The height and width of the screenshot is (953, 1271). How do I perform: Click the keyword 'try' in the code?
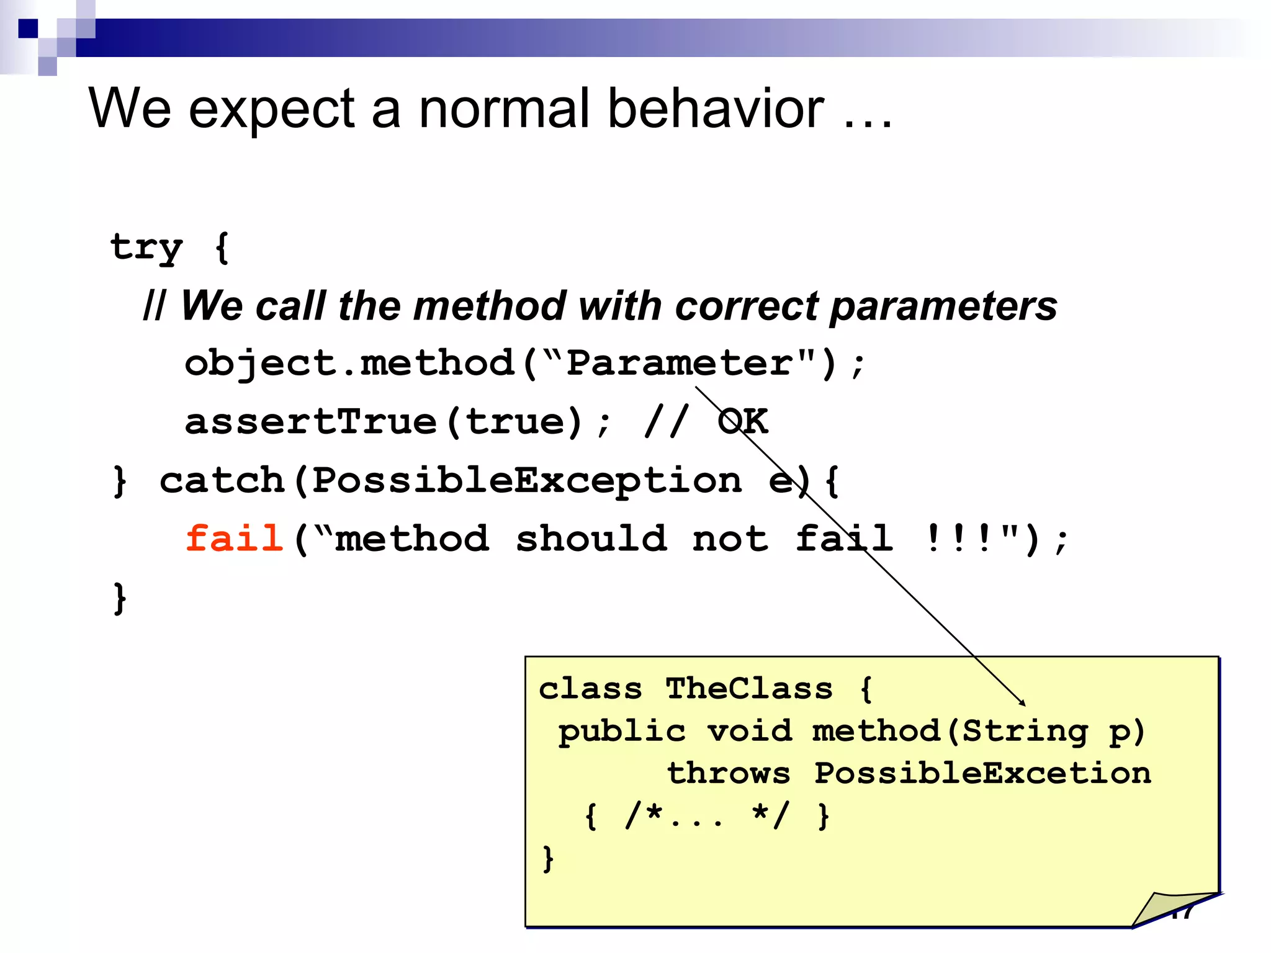click(x=146, y=248)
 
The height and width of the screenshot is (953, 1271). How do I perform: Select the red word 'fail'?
click(x=235, y=538)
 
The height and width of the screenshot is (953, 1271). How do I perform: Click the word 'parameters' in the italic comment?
click(x=943, y=307)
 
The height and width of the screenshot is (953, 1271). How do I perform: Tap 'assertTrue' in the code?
click(x=310, y=422)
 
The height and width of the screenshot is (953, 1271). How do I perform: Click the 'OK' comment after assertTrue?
click(x=743, y=422)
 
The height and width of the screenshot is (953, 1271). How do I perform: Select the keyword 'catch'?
click(x=222, y=480)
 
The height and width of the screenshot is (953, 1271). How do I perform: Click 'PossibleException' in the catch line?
click(x=526, y=480)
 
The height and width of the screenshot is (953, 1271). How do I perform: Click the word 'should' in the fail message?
click(x=591, y=538)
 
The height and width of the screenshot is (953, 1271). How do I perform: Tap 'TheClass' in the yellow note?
click(x=748, y=689)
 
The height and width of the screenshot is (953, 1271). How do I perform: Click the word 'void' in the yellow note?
click(x=750, y=731)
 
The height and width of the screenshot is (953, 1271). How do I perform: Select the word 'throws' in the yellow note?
click(x=729, y=773)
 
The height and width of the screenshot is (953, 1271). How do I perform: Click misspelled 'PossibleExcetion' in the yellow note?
click(x=982, y=773)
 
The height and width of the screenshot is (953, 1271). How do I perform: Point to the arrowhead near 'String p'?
click(x=1022, y=703)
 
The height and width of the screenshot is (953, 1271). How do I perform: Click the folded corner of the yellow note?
click(x=1170, y=910)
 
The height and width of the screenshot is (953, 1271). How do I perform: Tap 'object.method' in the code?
click(x=349, y=364)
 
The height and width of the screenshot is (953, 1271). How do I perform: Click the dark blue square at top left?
click(x=28, y=29)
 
